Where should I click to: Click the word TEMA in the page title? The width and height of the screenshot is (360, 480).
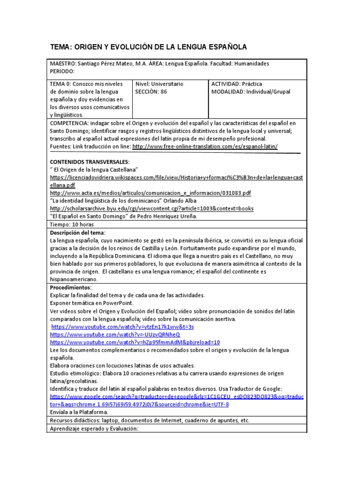coord(61,47)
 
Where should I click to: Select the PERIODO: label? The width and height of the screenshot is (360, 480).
coord(62,71)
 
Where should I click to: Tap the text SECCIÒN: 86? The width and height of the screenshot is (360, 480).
coord(151,91)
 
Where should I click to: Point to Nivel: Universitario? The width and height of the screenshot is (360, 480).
coord(159,83)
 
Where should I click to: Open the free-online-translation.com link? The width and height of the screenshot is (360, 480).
coord(205,146)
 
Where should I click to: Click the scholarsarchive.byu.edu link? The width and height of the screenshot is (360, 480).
coord(151,208)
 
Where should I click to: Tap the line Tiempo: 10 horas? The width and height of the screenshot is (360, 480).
coord(71,224)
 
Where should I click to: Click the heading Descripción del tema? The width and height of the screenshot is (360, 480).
coord(78,232)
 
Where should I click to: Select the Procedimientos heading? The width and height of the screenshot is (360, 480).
coord(71,287)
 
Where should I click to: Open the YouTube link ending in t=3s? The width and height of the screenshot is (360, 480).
coord(122,326)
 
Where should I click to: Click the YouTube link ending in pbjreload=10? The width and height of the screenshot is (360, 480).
coord(135,342)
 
